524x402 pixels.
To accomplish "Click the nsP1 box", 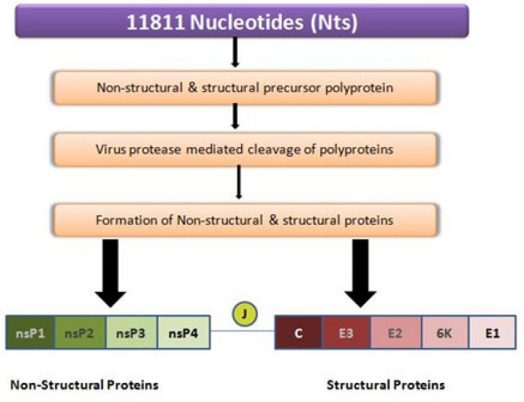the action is coord(31,333).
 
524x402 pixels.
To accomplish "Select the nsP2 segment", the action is coord(81,333).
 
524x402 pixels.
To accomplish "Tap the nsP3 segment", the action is coord(131,333).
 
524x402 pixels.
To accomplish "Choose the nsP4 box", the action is coord(184,333).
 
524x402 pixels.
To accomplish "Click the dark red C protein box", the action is coord(298,333).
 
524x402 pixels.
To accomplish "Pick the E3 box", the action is coord(346,333).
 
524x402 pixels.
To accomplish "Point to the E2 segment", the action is coord(396,333).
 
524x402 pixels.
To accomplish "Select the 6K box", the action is coord(445,333).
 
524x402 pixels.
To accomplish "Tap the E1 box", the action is coord(493,333).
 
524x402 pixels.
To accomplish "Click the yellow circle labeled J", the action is coord(245,313).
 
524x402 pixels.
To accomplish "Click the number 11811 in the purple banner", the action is coord(156,22).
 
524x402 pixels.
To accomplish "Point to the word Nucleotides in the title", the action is coord(246,22).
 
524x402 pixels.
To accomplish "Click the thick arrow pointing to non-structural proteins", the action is coord(111,273).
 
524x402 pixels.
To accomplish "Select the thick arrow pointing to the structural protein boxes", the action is coord(360,273).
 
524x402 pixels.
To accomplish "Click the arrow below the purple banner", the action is coord(235,52).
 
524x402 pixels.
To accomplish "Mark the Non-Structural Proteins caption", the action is coord(85,385).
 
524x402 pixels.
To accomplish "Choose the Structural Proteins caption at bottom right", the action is coord(385,385).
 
